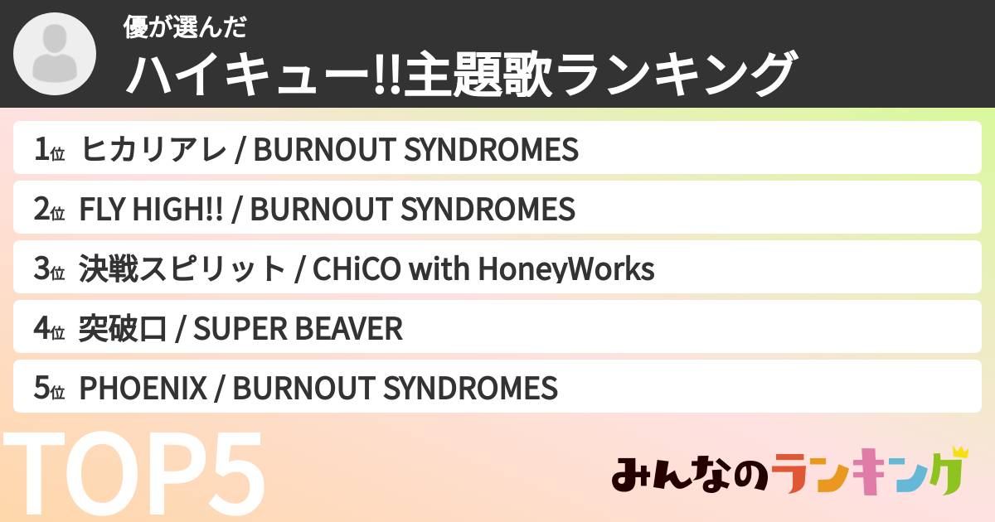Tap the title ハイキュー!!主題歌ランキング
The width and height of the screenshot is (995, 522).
(461, 75)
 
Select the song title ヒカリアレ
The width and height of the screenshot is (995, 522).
(153, 150)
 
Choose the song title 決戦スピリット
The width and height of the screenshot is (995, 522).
(182, 269)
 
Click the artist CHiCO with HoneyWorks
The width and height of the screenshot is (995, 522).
(482, 269)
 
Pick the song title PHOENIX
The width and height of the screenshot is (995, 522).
(142, 389)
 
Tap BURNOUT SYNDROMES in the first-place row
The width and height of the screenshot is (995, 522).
(415, 150)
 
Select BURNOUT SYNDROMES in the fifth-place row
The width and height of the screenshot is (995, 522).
(395, 389)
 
